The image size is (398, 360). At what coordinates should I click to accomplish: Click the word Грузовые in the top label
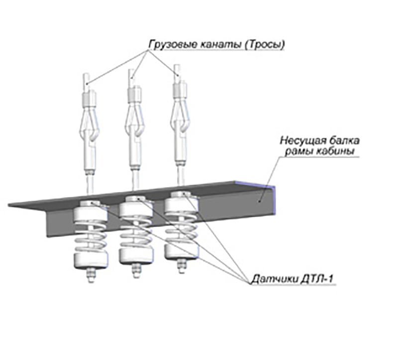[x=172, y=44]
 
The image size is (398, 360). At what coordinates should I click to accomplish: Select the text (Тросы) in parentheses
[x=265, y=45]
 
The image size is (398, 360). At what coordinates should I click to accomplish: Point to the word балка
[x=344, y=140]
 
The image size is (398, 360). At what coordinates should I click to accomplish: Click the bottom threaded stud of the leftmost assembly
[x=91, y=276]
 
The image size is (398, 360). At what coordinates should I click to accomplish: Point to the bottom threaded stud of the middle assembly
[x=136, y=270]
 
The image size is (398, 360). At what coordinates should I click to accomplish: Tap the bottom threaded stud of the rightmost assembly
[x=181, y=266]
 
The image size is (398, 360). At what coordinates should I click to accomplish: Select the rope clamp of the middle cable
[x=134, y=95]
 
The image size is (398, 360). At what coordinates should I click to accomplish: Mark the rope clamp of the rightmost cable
[x=180, y=90]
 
